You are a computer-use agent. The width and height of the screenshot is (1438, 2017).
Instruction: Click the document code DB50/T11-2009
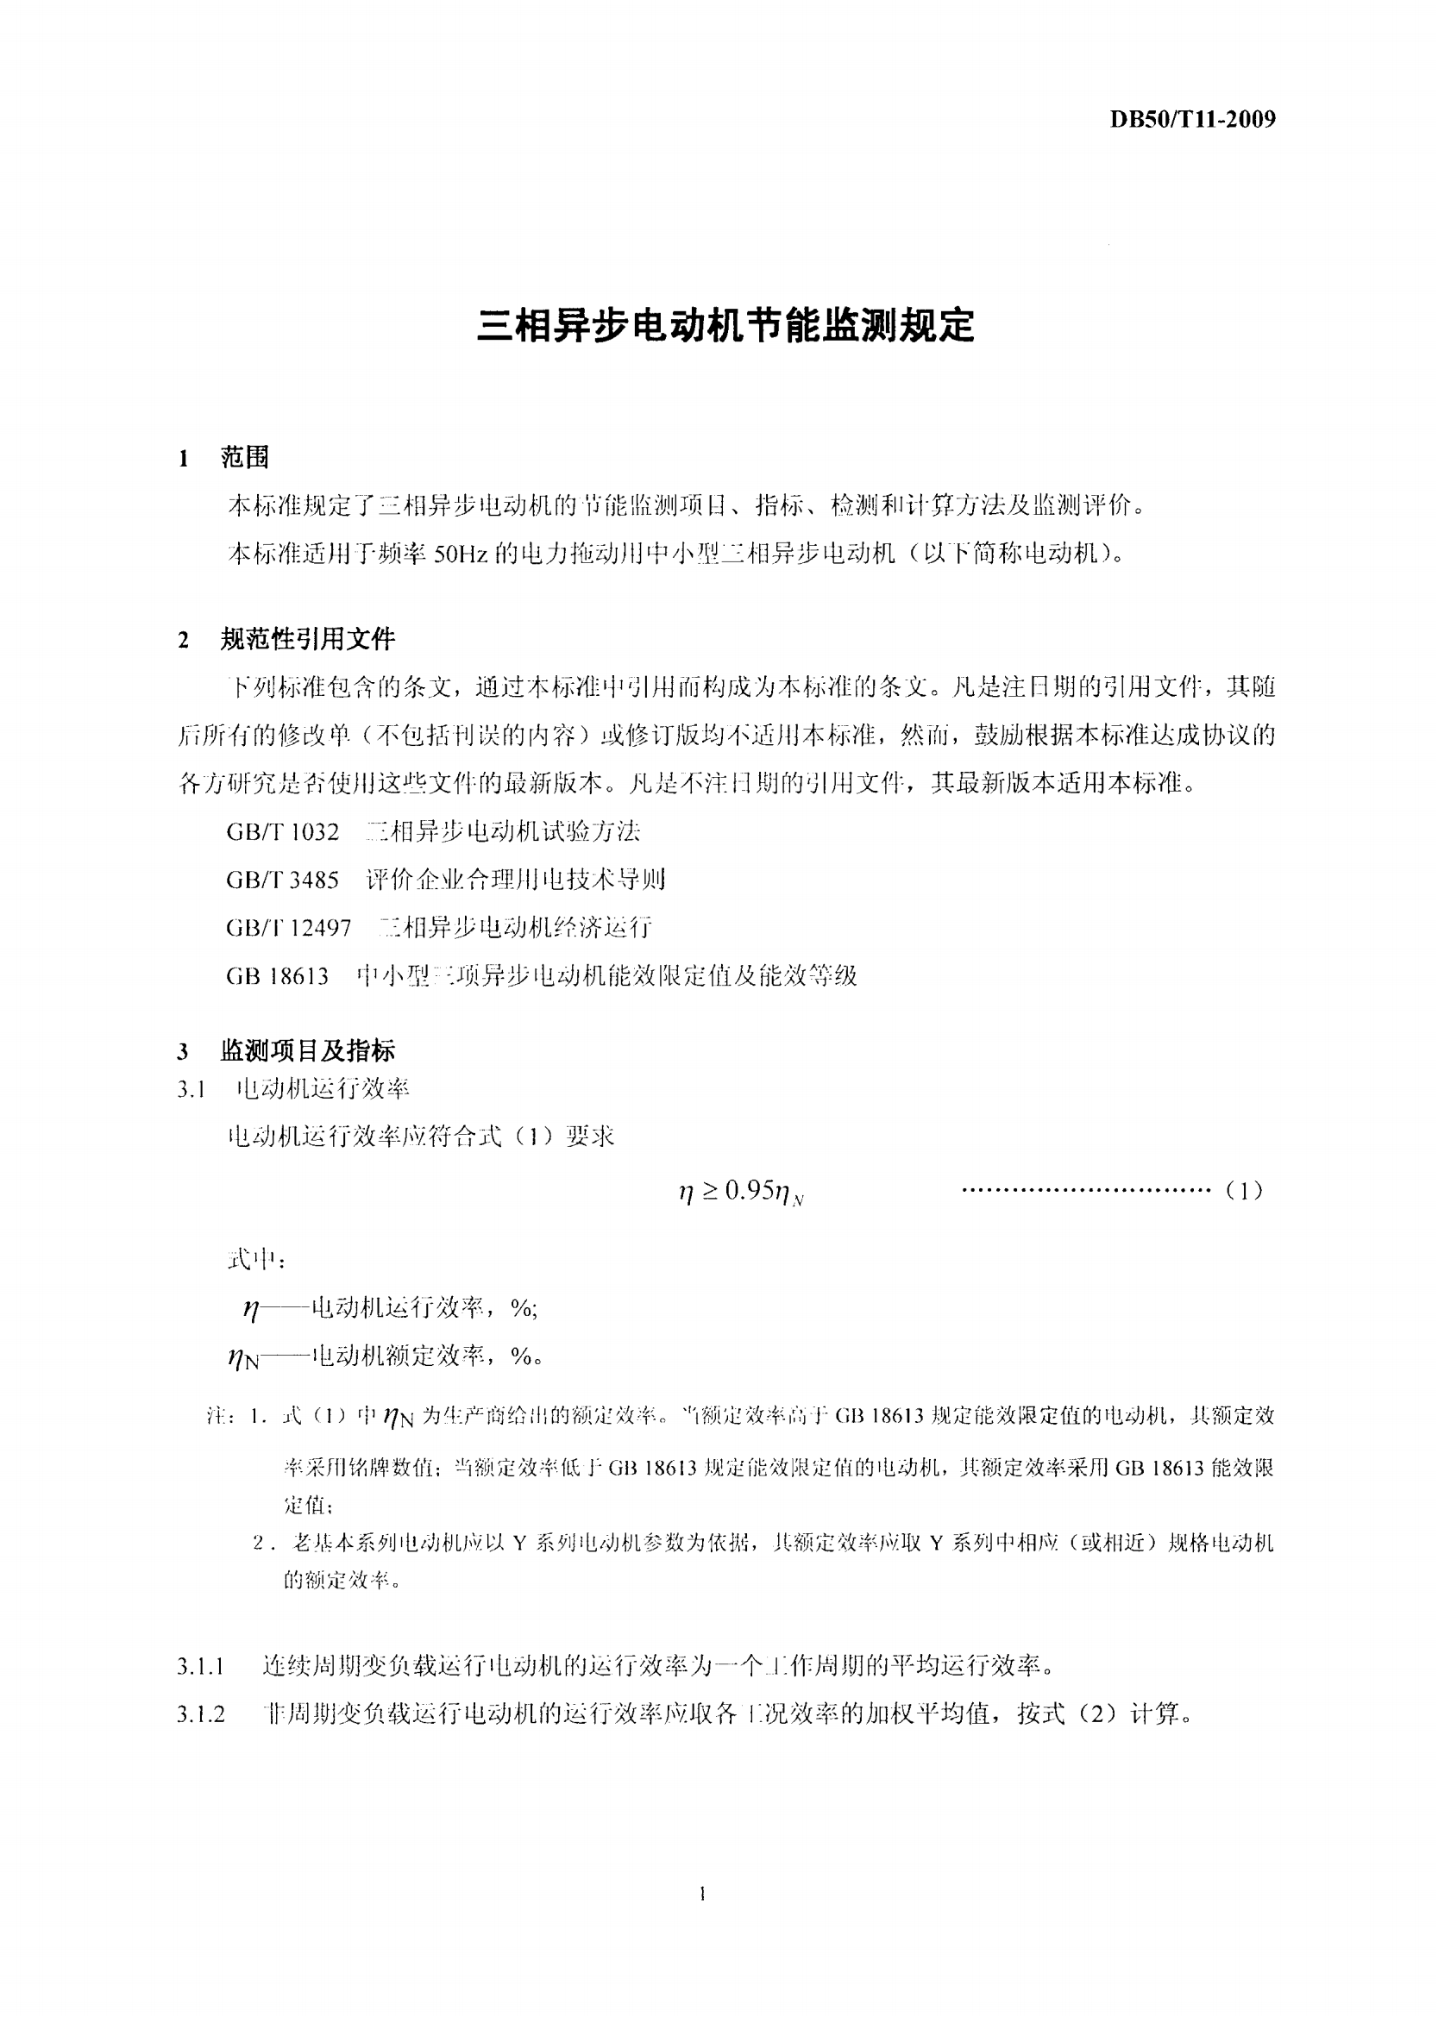(1193, 119)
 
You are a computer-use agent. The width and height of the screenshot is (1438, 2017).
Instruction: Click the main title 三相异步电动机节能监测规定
(725, 327)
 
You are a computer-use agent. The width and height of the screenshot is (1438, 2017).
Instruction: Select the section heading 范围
(244, 458)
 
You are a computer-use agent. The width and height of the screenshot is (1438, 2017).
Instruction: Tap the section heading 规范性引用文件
(307, 639)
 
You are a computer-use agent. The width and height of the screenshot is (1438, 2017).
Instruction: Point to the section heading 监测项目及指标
(307, 1050)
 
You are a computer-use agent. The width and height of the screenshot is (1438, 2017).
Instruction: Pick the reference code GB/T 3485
(282, 880)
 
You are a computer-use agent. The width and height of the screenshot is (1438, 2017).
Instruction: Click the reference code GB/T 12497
(289, 928)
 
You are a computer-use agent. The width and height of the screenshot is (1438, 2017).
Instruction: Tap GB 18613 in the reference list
(277, 976)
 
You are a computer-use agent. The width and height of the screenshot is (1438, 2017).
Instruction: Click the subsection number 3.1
(192, 1089)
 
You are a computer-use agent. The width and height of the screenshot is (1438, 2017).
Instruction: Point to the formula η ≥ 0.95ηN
(740, 1192)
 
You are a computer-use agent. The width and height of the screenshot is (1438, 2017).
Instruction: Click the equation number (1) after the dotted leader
(1244, 1191)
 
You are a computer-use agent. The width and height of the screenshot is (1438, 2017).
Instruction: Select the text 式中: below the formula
(256, 1259)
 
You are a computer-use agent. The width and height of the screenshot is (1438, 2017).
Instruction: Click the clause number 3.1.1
(201, 1668)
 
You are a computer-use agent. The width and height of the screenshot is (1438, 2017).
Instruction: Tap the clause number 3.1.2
(201, 1715)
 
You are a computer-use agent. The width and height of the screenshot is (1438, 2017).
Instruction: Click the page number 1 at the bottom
(702, 1894)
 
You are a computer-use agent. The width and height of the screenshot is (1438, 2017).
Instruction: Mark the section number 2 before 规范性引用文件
(183, 640)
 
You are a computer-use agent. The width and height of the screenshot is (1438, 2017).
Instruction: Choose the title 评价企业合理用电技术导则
(515, 880)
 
